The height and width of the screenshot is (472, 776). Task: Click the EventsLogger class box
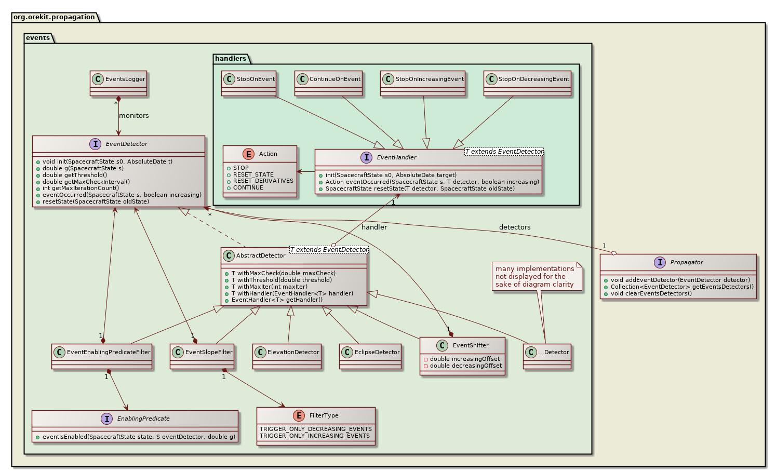pyautogui.click(x=118, y=83)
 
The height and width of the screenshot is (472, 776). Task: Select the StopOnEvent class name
pyautogui.click(x=256, y=79)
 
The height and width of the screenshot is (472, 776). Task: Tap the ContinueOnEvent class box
pyautogui.click(x=328, y=83)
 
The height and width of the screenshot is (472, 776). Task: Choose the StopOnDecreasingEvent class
pyautogui.click(x=527, y=83)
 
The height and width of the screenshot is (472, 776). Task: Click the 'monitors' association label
pyautogui.click(x=134, y=116)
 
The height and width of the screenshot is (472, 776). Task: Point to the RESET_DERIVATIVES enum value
pyautogui.click(x=263, y=181)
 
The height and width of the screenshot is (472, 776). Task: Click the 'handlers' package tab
pyautogui.click(x=231, y=59)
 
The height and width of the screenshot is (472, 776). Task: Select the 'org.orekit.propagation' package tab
pyautogui.click(x=54, y=17)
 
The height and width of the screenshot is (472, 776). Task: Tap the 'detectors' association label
pyautogui.click(x=515, y=227)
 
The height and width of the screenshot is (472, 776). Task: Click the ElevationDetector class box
pyautogui.click(x=287, y=356)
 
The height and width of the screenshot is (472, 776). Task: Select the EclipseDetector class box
pyautogui.click(x=370, y=356)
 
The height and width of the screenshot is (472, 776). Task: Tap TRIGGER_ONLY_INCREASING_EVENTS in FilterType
pyautogui.click(x=315, y=436)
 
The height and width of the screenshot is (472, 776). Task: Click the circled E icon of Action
pyautogui.click(x=248, y=154)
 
